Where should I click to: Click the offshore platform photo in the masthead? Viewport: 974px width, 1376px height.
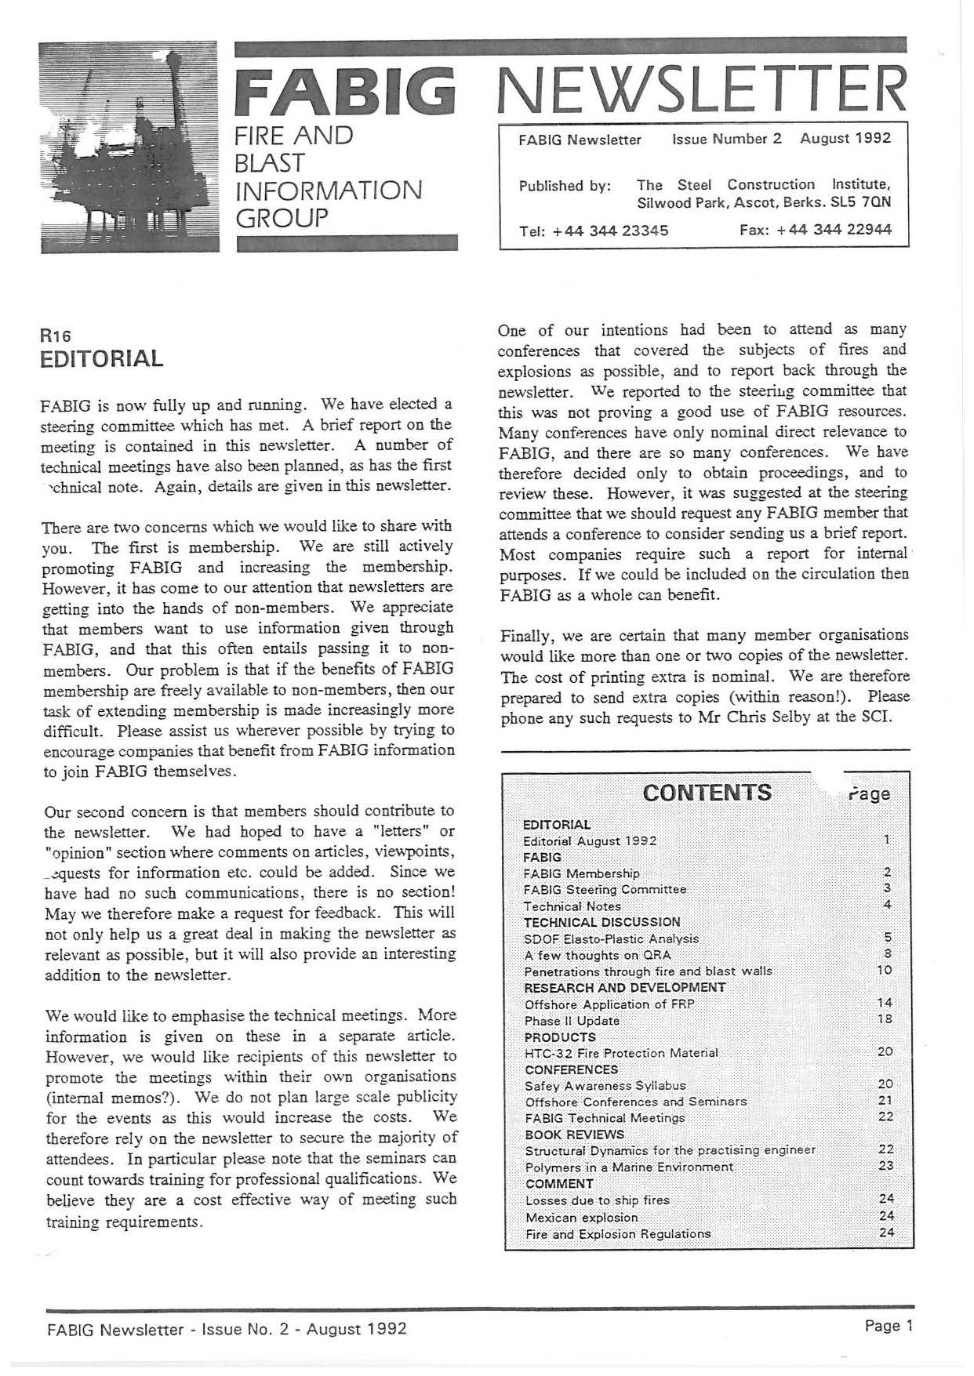click(130, 146)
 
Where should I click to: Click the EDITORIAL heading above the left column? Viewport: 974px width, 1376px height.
click(102, 359)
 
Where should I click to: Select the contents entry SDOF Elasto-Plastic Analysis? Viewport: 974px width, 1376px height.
click(611, 939)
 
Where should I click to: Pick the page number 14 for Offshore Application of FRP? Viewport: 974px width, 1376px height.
click(885, 1003)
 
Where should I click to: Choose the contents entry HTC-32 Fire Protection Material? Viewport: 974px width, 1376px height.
click(621, 1052)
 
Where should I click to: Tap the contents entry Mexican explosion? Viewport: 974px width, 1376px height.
click(581, 1218)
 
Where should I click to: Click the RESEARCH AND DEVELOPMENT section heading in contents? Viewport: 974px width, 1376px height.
click(624, 987)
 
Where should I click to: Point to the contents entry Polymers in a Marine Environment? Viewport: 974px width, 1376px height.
click(629, 1167)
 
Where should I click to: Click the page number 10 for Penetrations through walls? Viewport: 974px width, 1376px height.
click(885, 971)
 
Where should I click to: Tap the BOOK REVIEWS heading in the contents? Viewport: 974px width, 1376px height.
click(574, 1135)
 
